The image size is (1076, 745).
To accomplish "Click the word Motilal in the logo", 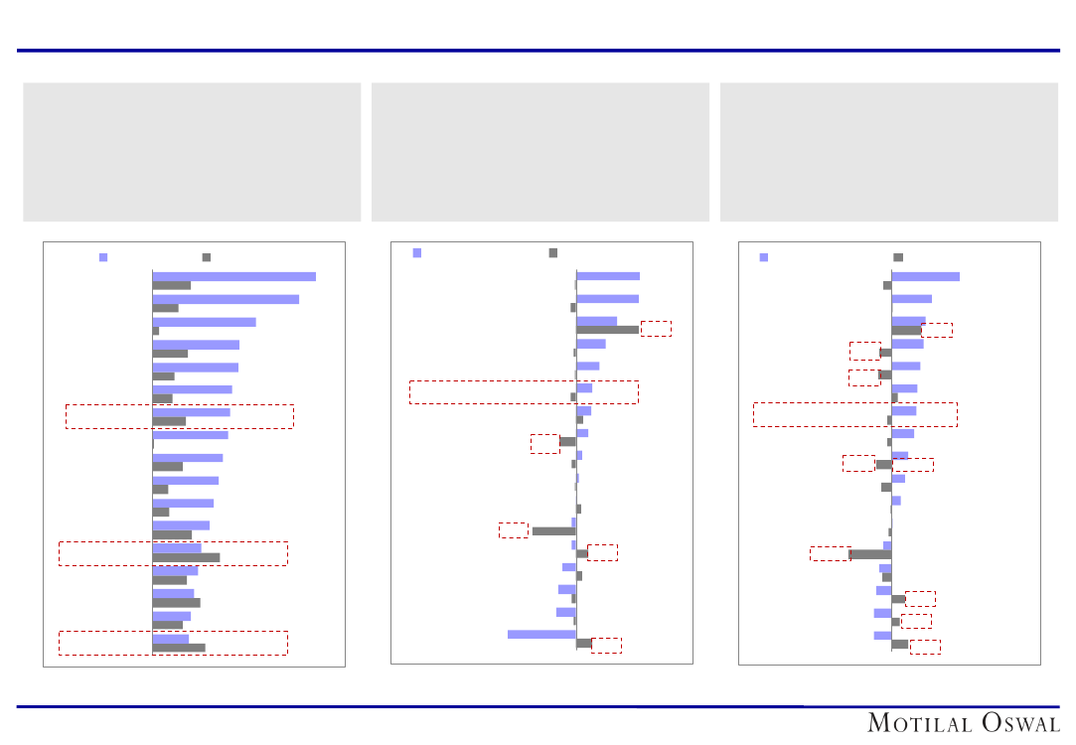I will (x=918, y=723).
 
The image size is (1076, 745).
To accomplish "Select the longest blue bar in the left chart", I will (x=233, y=276).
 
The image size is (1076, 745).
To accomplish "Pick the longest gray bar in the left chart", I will (x=186, y=557).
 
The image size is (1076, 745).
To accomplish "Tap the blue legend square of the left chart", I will (x=103, y=257).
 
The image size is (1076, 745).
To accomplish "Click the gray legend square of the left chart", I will (x=207, y=257).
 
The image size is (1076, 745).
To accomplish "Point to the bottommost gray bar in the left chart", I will (x=179, y=648).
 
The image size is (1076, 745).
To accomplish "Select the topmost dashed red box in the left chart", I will (x=179, y=416).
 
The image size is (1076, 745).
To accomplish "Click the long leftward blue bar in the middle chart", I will (x=541, y=634).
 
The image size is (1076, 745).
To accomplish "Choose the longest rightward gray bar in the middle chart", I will (x=607, y=330).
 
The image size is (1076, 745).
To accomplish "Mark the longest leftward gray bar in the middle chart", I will (x=553, y=531).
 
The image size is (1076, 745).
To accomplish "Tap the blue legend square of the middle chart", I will (x=417, y=253).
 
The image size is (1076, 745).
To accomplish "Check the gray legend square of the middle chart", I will (x=553, y=253).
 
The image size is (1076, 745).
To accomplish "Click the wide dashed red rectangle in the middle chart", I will (x=524, y=391).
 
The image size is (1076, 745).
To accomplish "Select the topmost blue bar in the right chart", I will (x=925, y=276).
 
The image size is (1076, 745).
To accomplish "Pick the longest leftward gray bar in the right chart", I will (x=870, y=554).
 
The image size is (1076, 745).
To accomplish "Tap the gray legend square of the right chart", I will (x=898, y=257).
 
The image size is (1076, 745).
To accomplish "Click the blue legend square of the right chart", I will (x=764, y=257).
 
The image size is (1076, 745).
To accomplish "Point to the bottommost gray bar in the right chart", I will (x=900, y=645).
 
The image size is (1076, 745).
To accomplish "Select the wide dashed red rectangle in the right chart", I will (x=854, y=414).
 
